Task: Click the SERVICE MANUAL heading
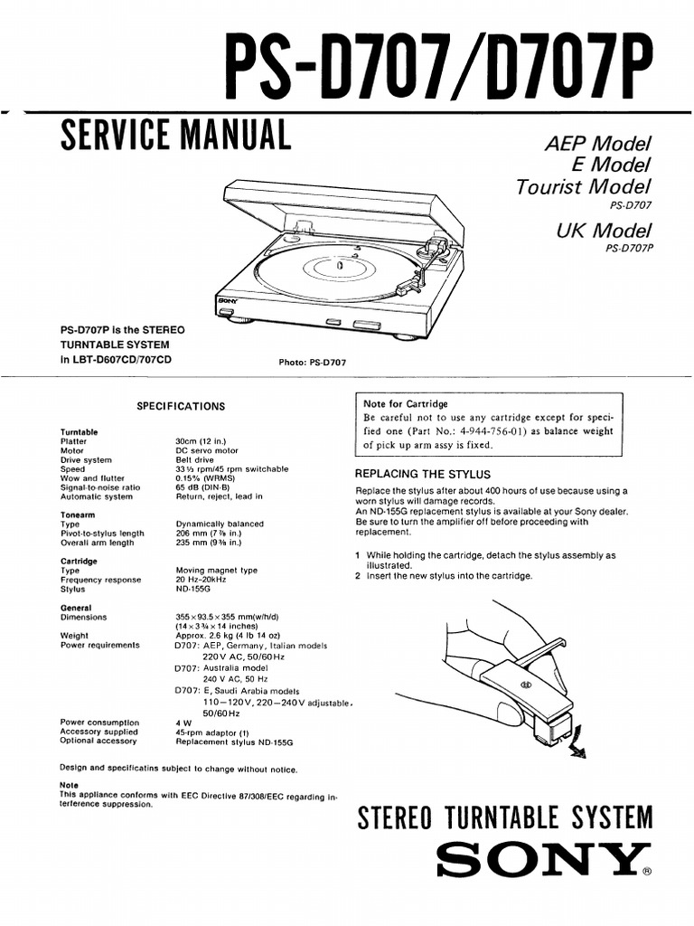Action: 175,137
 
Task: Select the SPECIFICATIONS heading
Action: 181,407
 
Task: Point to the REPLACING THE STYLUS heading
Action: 423,474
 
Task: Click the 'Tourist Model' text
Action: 584,187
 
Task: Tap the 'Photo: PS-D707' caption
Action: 313,362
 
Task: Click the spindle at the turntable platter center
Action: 338,266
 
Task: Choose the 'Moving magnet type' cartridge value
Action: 216,571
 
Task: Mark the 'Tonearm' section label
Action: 78,515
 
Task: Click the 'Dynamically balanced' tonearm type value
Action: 220,524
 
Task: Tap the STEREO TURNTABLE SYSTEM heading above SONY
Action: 505,817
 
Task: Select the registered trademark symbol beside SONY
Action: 645,874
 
